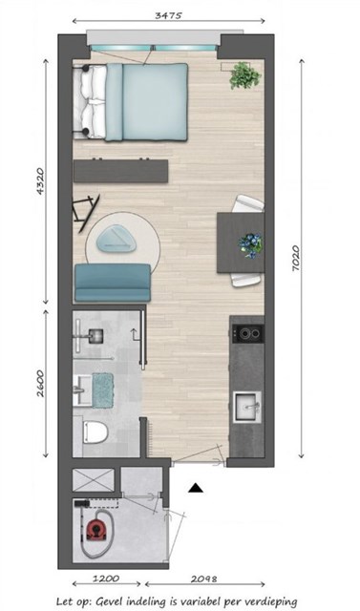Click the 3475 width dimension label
pos(168,15)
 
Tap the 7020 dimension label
pos(296,258)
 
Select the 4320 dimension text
pos(41,181)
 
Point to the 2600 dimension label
pos(40,384)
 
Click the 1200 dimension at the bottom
pos(106,579)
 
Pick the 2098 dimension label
pos(203,579)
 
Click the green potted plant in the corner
pos(244,75)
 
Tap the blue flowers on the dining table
pos(250,245)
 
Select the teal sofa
pos(113,283)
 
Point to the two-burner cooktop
pos(248,333)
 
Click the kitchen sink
pos(247,408)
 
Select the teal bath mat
pos(103,390)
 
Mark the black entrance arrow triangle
pos(196,488)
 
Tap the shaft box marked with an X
pos(94,480)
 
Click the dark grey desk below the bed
pos(120,171)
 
